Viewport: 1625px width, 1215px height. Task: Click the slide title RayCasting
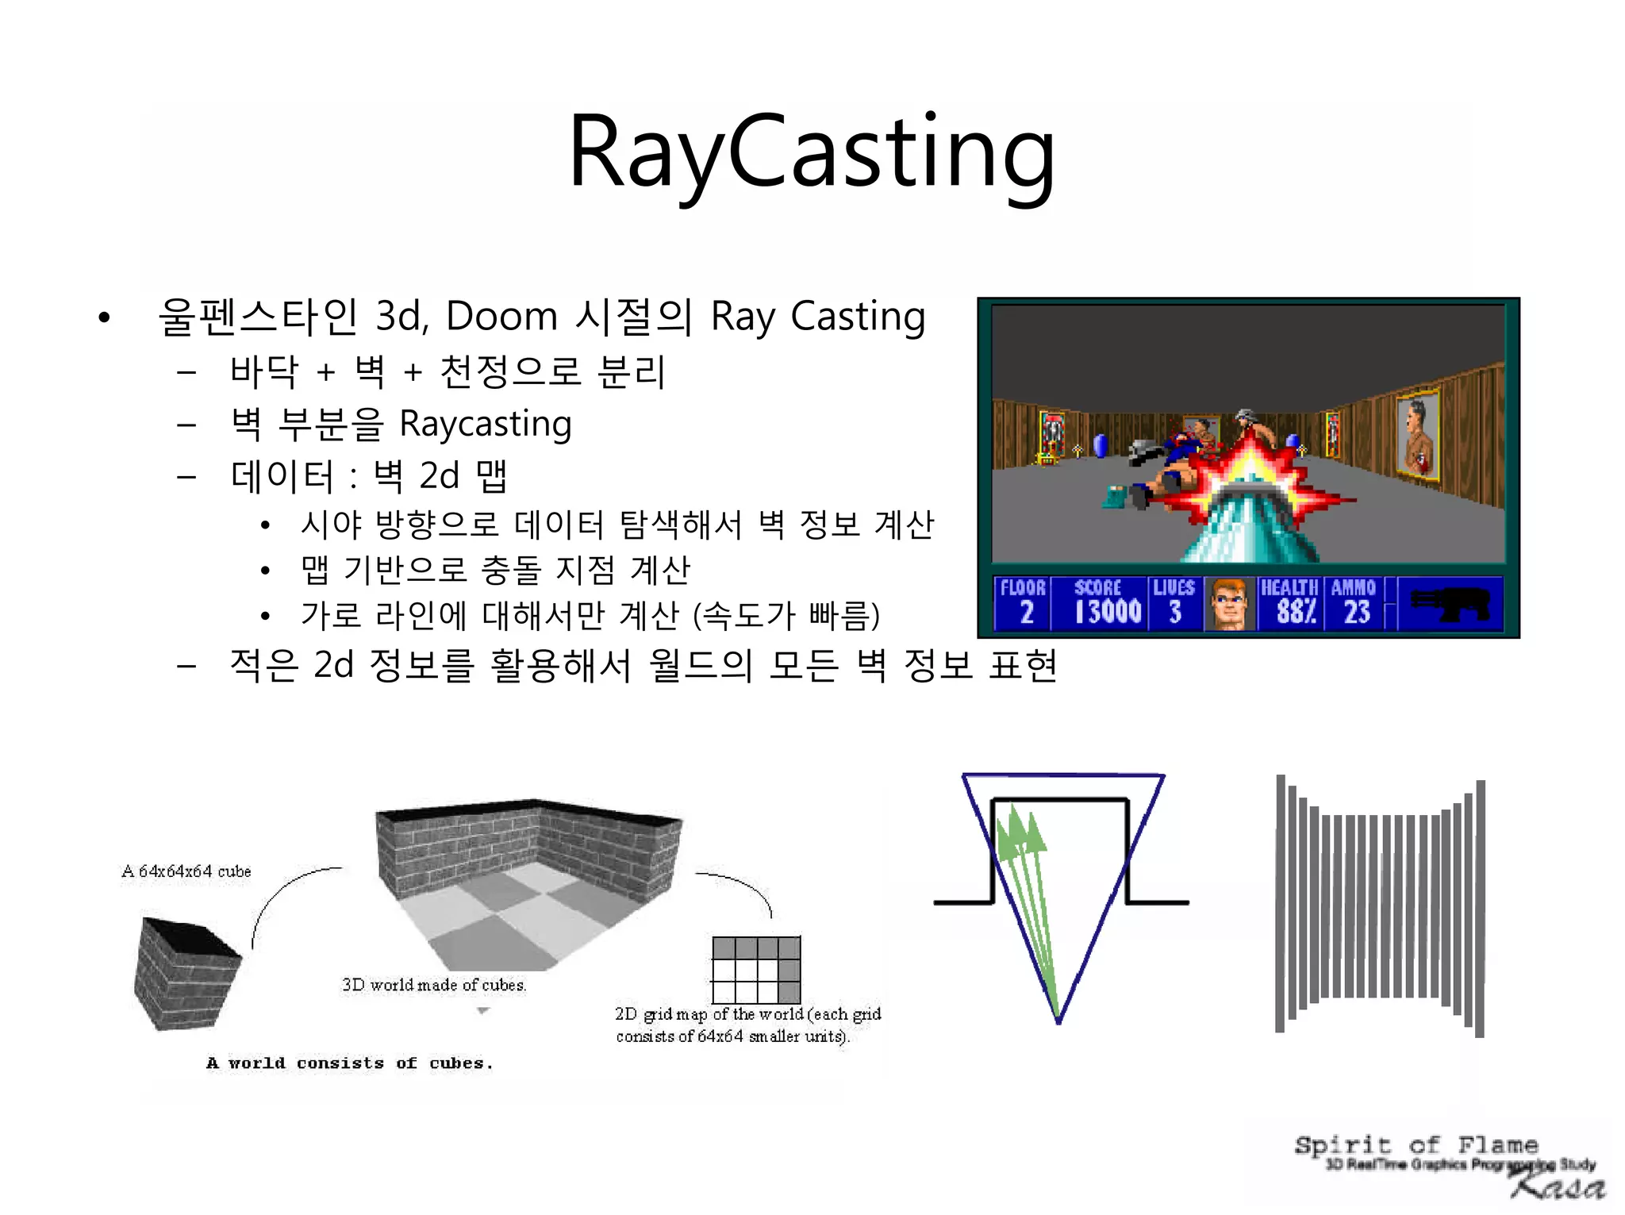[812, 152]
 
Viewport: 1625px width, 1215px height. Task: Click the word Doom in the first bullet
[501, 316]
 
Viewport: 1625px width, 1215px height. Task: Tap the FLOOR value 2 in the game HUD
[1026, 612]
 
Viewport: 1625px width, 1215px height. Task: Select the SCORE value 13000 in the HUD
[1108, 612]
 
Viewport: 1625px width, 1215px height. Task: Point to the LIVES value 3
[1175, 612]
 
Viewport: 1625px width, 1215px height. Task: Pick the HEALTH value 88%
[1296, 612]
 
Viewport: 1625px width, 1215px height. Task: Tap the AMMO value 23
[1357, 612]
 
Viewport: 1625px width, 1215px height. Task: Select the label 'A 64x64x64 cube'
[186, 871]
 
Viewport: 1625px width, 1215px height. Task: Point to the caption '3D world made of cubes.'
[434, 985]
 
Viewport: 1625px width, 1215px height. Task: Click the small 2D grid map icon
[756, 970]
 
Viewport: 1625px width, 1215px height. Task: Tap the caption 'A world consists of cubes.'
[349, 1063]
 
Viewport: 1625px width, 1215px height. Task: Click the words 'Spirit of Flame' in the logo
[1416, 1144]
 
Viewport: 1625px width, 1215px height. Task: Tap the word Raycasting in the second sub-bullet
[485, 424]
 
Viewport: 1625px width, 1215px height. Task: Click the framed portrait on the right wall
[1418, 436]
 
